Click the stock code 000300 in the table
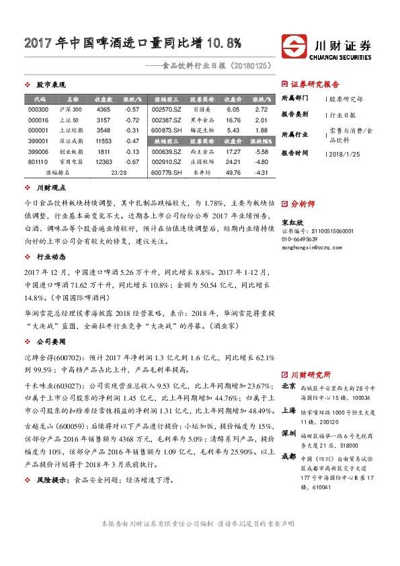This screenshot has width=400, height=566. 39,109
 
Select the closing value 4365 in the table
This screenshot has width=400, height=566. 104,109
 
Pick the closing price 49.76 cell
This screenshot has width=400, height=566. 234,173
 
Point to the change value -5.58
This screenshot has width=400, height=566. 262,152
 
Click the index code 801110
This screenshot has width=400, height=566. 39,162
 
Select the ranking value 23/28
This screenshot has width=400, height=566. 118,173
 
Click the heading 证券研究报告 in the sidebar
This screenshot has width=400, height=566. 315,85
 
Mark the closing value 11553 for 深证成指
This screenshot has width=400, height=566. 104,141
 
